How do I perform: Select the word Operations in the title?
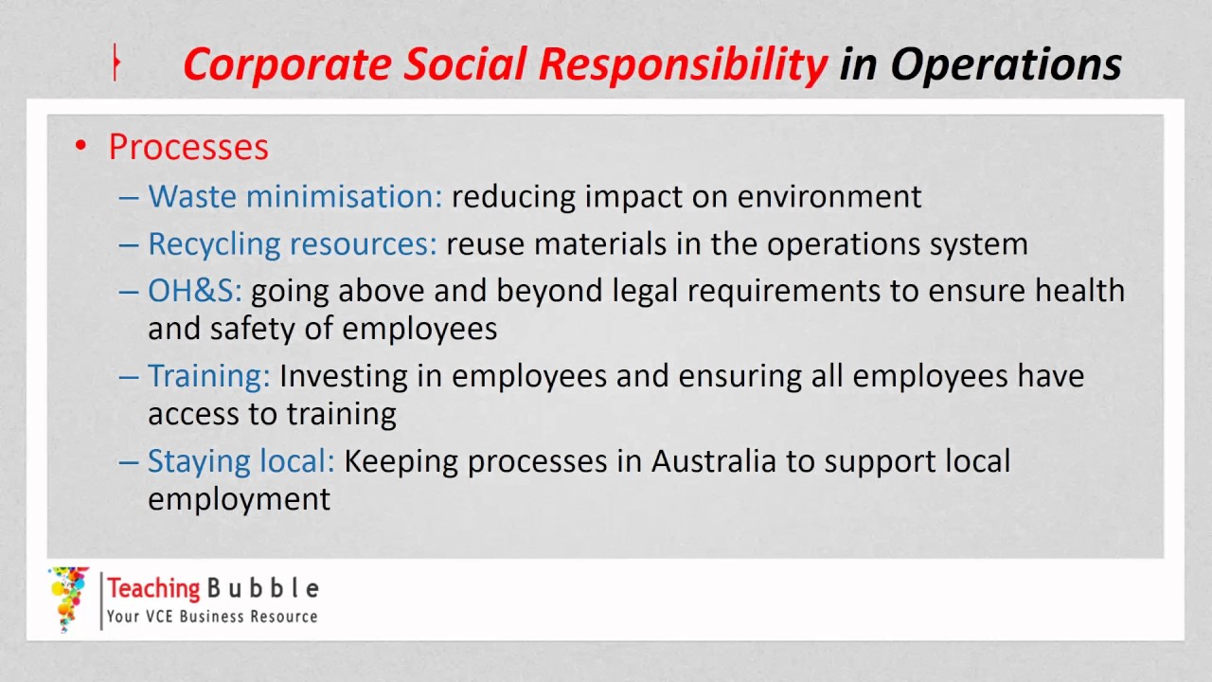[1006, 64]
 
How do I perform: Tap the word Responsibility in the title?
[683, 64]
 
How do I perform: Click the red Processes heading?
[188, 148]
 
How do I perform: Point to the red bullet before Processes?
[81, 146]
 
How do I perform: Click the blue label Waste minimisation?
[294, 196]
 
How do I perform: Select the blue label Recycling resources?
[292, 243]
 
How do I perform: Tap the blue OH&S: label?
[194, 291]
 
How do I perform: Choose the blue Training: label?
[208, 376]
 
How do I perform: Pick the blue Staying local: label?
[241, 461]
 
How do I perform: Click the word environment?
[829, 196]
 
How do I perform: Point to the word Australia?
[711, 461]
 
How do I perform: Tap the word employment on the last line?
[239, 499]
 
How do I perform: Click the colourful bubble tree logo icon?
[68, 599]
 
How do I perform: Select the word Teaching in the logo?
[153, 588]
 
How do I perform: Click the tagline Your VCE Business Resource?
[212, 617]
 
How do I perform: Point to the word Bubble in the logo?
[262, 588]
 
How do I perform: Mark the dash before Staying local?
[129, 462]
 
